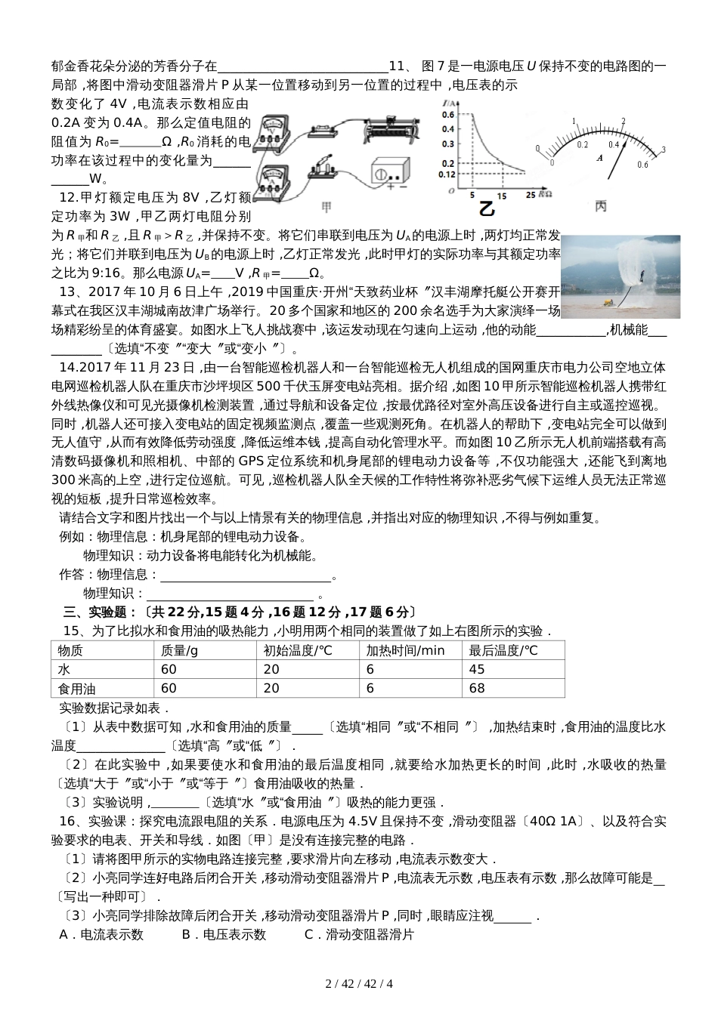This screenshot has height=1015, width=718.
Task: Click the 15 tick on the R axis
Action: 501,195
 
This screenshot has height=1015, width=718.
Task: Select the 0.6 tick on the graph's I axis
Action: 448,114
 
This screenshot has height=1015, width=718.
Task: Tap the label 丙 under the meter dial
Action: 601,206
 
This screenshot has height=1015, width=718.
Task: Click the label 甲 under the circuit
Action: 327,206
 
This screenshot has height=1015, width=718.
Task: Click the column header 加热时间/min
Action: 406,650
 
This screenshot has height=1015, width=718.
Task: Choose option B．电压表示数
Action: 224,934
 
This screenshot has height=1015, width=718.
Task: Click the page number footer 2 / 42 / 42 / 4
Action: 359,983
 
